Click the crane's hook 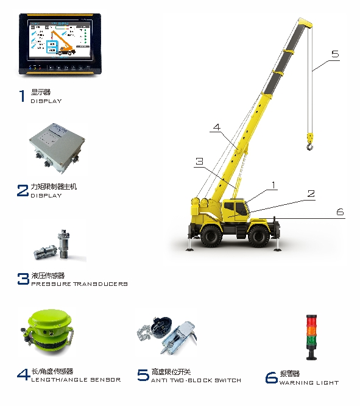[x=310, y=141]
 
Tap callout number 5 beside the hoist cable [x=335, y=54]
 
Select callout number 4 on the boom [x=217, y=127]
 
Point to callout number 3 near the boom [x=199, y=162]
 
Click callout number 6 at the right [x=340, y=212]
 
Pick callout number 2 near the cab [x=311, y=193]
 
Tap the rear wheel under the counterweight [x=211, y=236]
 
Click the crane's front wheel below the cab [x=258, y=236]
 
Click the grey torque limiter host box [x=57, y=148]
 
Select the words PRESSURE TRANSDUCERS [x=79, y=284]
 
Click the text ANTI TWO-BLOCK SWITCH [x=196, y=380]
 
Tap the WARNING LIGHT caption [x=309, y=382]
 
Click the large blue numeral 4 [x=23, y=374]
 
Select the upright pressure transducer [x=63, y=243]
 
